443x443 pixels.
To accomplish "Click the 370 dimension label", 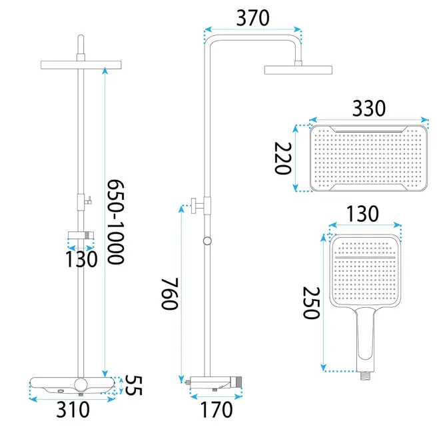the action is point(253,19).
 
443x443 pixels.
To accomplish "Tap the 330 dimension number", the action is point(369,108).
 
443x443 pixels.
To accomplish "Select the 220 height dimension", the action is point(283,159).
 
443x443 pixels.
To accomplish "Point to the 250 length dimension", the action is point(311,303).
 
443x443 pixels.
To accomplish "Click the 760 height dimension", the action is point(170,294).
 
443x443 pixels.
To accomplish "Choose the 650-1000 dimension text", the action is point(115,222).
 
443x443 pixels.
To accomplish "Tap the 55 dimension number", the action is point(133,385).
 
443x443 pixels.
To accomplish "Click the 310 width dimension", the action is point(73,410).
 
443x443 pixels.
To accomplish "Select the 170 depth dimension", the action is point(217,410).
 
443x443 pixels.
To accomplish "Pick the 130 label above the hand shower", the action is point(362,214).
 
